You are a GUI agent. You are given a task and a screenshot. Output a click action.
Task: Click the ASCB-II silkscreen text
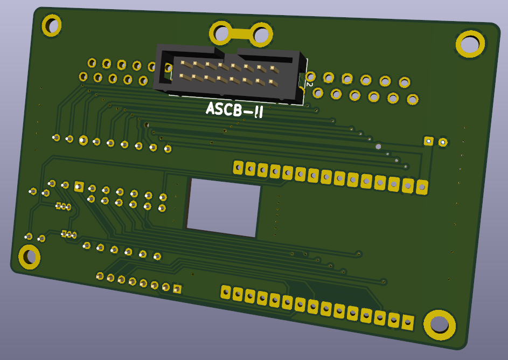pyautogui.click(x=234, y=110)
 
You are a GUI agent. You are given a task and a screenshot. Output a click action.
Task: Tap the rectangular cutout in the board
pyautogui.click(x=223, y=207)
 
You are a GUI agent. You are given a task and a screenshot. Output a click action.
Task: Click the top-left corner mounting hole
pyautogui.click(x=52, y=25)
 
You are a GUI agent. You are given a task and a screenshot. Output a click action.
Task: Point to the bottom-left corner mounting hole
pyautogui.click(x=29, y=257)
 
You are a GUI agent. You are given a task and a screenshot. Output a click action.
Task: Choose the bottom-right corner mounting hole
pyautogui.click(x=440, y=324)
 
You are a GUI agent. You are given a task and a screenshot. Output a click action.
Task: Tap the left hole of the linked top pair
pyautogui.click(x=220, y=33)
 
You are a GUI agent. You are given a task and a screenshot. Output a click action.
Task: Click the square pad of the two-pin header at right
pyautogui.click(x=428, y=141)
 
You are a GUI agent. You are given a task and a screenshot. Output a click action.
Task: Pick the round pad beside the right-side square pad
pyautogui.click(x=443, y=142)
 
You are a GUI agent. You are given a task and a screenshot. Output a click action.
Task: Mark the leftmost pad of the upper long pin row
pyautogui.click(x=238, y=167)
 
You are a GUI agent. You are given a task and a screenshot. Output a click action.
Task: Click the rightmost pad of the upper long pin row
pyautogui.click(x=422, y=187)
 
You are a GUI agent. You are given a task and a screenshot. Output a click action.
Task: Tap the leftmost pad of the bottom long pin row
pyautogui.click(x=226, y=293)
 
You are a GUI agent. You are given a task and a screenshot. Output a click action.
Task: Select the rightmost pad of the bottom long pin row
pyautogui.click(x=408, y=323)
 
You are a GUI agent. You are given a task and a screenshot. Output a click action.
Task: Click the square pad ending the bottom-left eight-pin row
pyautogui.click(x=177, y=289)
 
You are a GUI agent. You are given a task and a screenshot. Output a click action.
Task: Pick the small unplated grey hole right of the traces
pyautogui.click(x=378, y=146)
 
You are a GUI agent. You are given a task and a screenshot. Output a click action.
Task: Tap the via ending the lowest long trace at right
pyautogui.click(x=384, y=281)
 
